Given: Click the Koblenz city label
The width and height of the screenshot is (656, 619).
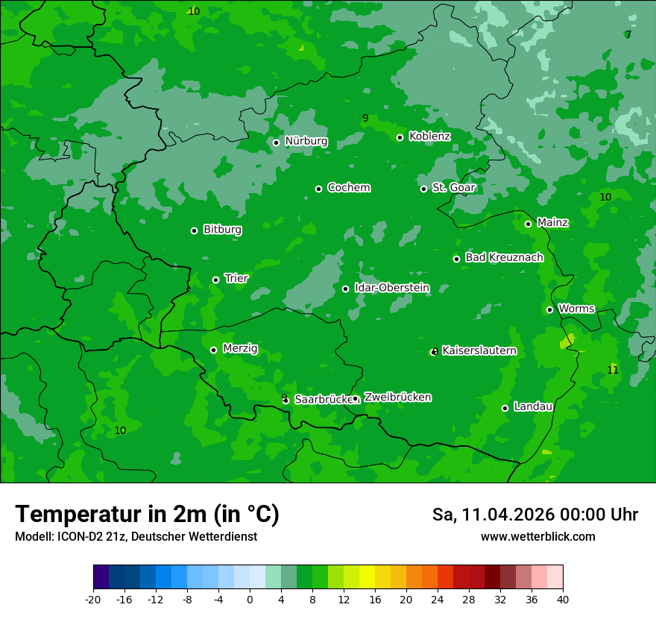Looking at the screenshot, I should coord(429,136).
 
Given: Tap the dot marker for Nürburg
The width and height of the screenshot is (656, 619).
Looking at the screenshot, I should coord(276,142).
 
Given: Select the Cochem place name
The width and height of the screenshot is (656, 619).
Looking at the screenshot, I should coord(348,188).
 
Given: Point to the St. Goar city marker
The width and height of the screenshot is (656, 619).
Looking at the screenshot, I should coord(423,189).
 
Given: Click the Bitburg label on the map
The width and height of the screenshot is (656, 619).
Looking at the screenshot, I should coord(222,230).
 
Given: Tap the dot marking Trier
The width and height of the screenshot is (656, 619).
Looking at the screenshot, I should coord(215,280).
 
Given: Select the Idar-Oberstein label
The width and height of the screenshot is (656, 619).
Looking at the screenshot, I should coord(391,288).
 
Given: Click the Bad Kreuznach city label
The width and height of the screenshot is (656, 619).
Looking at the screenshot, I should coord(504,257).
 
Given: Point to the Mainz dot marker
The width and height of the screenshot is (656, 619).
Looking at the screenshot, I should coord(528,224).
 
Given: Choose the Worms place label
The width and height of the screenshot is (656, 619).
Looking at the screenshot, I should coord(576,309).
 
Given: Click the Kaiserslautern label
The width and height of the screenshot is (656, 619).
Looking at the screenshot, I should coord(479,351).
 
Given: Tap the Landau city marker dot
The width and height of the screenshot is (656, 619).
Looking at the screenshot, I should coord(505,408).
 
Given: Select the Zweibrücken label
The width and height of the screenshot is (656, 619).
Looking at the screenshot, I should coord(397,398).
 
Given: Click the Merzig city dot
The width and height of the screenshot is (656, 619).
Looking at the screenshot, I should coord(213,350).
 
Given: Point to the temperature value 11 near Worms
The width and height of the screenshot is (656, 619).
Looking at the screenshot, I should coord(613,370).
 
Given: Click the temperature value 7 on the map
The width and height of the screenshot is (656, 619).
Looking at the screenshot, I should coord(628,35).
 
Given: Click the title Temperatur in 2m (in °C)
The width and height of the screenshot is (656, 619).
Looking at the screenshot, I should coord(147,515).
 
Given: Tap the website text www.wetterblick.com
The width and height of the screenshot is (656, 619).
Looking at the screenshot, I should coord(537,537).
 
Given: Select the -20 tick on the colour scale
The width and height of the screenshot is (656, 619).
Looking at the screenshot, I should coord(93,600).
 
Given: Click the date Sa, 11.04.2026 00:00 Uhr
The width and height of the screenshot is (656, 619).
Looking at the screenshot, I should coord(534,515).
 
